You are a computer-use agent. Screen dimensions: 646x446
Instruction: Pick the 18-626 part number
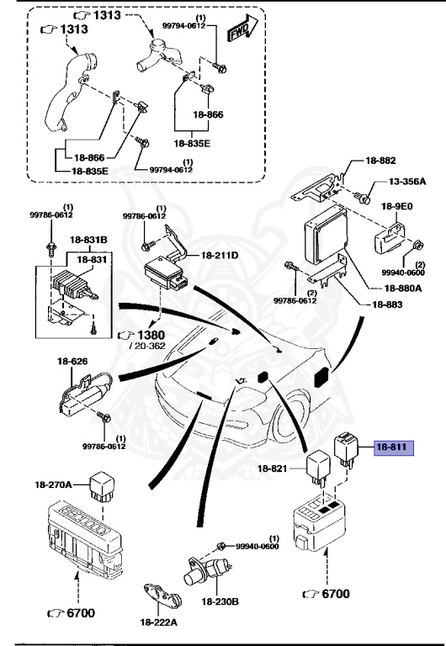[x=72, y=362]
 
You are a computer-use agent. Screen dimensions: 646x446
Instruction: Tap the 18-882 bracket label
[x=380, y=160]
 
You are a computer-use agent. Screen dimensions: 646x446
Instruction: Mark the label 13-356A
[x=406, y=182]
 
